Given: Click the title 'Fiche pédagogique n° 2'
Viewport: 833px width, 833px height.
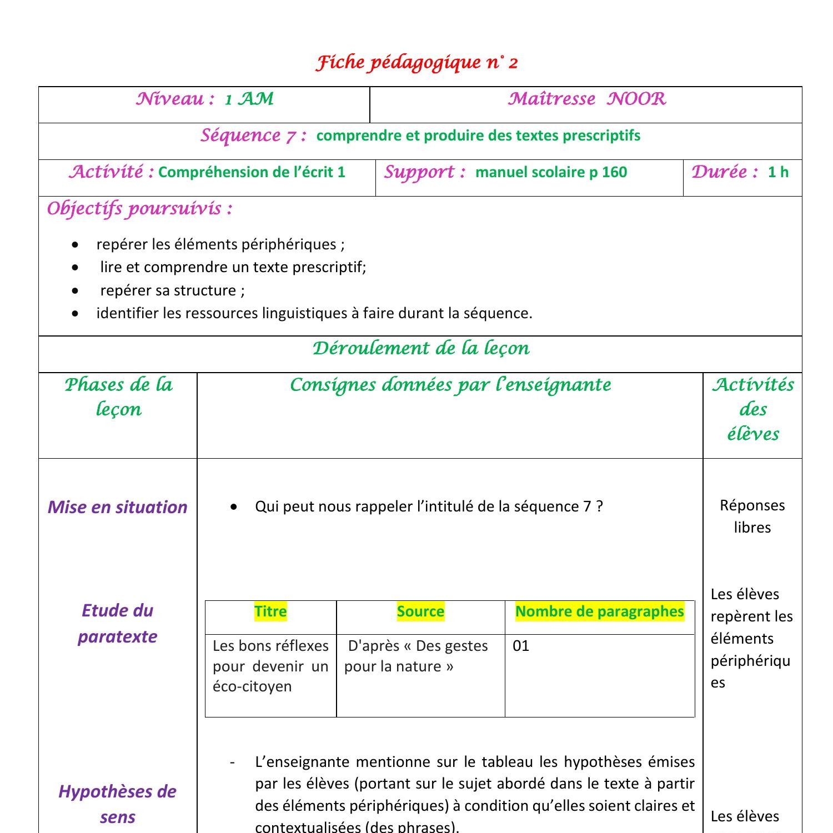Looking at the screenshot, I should point(416,62).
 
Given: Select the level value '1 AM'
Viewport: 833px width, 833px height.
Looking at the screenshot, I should point(249,99).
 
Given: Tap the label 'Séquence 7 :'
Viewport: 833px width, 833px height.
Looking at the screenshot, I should point(253,136).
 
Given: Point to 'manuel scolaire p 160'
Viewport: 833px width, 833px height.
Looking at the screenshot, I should point(551,172).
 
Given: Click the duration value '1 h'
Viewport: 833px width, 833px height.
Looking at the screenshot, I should point(778,172).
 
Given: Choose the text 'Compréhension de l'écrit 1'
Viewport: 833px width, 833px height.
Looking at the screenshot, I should point(252,172).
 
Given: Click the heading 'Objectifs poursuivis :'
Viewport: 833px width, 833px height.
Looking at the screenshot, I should point(139,209).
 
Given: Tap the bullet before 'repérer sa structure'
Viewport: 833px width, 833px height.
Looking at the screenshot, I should point(76,290).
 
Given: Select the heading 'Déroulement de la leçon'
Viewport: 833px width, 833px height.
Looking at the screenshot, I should point(420,348).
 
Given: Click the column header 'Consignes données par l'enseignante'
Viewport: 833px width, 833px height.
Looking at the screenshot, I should point(450,385).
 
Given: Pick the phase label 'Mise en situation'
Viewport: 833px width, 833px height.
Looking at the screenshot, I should point(117,507).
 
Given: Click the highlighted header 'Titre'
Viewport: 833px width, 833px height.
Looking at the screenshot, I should point(270,611).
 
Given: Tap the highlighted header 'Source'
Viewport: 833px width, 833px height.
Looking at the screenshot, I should point(420,611).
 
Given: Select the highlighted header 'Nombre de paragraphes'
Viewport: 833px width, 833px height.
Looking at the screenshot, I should point(599,611).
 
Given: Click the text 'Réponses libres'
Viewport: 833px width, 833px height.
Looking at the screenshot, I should point(752,516).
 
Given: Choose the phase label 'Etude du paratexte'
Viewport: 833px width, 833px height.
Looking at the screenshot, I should point(117,623).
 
